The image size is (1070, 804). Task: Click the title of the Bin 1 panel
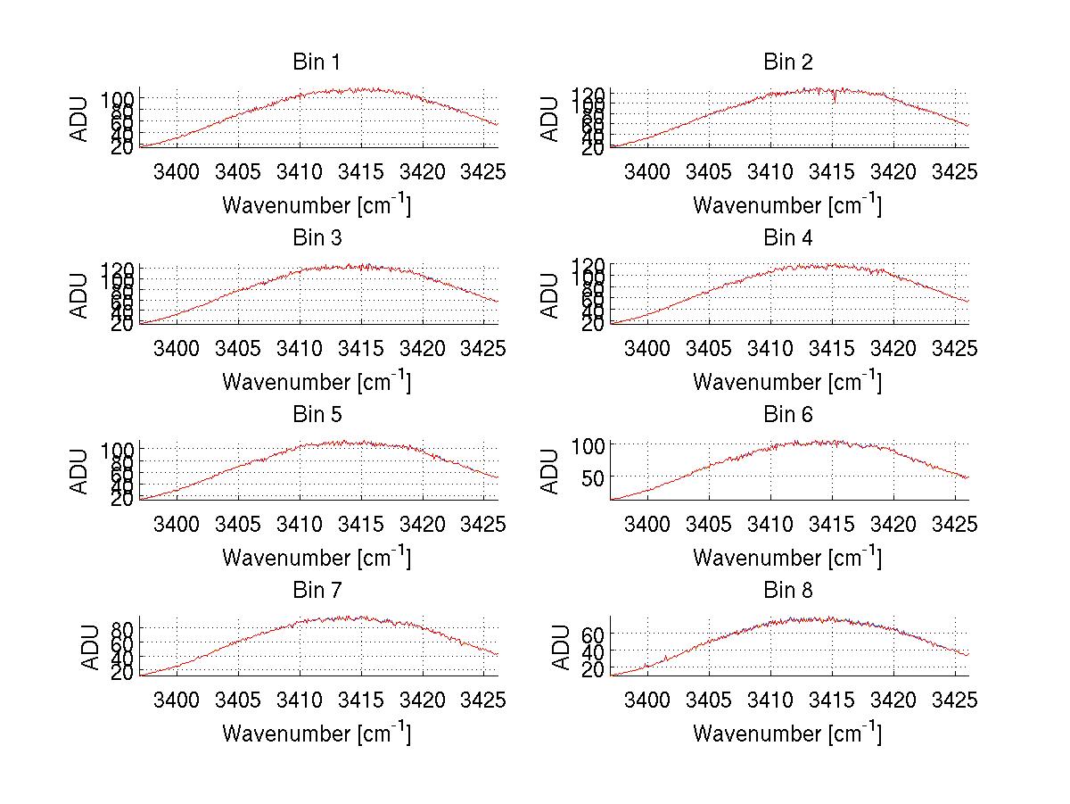(317, 62)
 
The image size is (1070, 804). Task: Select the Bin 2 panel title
(787, 62)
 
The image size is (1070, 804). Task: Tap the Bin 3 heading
(317, 238)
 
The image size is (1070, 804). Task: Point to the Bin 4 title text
(787, 238)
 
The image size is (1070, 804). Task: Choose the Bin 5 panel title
(317, 415)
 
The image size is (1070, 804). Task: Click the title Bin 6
(787, 415)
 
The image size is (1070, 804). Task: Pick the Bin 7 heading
(317, 591)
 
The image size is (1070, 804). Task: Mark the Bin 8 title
(787, 591)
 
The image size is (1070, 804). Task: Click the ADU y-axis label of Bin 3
(80, 295)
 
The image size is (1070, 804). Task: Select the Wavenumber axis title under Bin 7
(317, 733)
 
